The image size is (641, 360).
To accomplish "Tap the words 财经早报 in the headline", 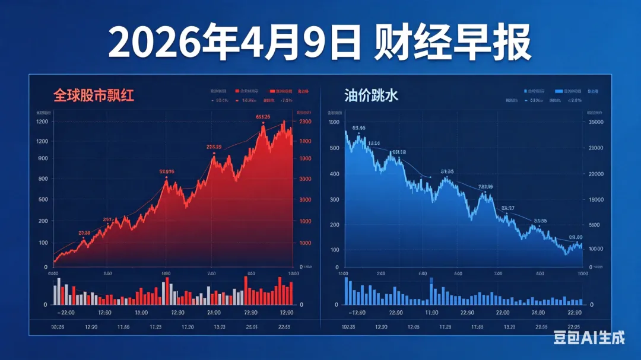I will (x=452, y=43).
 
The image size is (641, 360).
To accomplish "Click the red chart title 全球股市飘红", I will (x=94, y=95).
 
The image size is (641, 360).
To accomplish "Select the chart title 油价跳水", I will (x=372, y=95).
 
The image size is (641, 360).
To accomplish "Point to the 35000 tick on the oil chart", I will (x=594, y=122).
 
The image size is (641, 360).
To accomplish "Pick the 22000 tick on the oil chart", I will (x=594, y=174).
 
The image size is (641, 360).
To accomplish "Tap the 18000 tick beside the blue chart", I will (x=594, y=199).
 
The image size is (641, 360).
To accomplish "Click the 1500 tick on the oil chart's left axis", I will (x=334, y=122).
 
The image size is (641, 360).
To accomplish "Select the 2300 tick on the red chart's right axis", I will (x=305, y=122).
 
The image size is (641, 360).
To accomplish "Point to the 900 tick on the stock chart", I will (x=43, y=158).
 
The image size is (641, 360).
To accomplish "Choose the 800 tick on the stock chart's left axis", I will (x=43, y=179).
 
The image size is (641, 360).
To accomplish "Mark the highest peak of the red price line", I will (x=284, y=121).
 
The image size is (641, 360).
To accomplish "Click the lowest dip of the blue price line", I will (x=566, y=254).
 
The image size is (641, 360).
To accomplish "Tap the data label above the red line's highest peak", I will (x=263, y=116).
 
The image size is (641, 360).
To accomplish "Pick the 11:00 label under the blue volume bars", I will (x=431, y=313).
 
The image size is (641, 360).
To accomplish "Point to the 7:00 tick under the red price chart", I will (x=211, y=273).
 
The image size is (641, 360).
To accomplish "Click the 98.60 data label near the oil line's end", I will (x=576, y=237).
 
